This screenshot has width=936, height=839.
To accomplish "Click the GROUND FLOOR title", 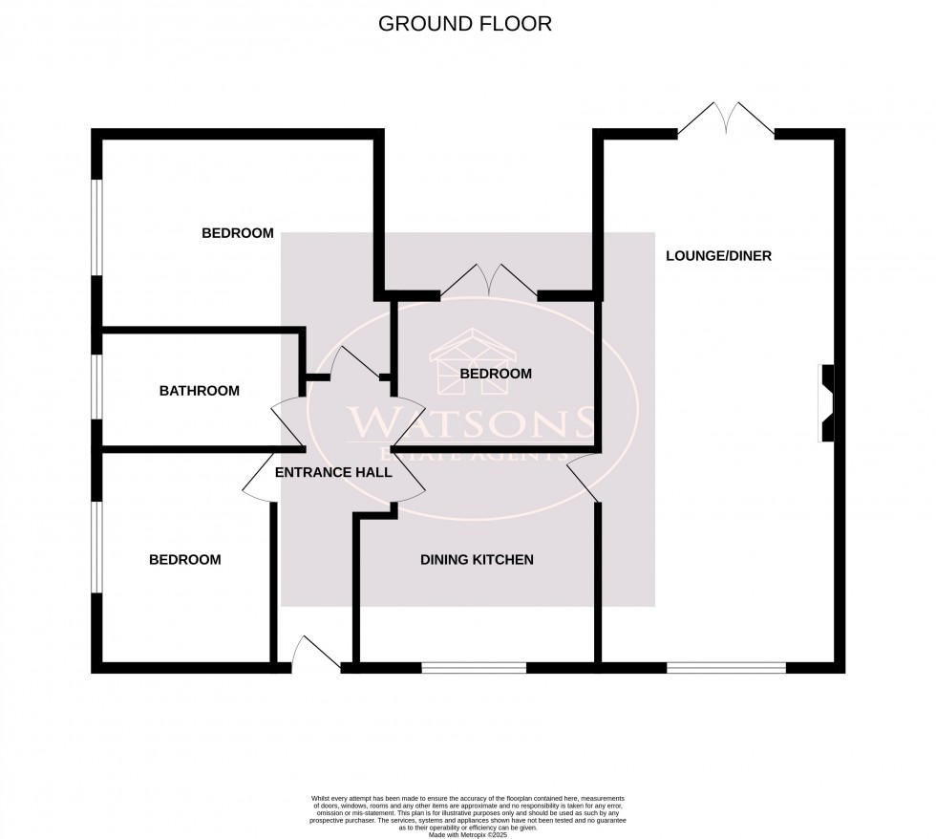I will (x=465, y=24).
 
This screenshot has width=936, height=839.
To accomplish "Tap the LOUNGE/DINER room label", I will (x=718, y=256).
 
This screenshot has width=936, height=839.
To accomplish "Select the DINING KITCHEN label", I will (x=477, y=560).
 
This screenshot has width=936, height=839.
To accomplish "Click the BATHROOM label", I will (x=199, y=391).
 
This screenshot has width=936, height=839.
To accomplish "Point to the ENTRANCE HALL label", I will (x=333, y=472).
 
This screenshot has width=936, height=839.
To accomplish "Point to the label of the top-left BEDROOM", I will (x=238, y=233).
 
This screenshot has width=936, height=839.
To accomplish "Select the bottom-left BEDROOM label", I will (x=184, y=560).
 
